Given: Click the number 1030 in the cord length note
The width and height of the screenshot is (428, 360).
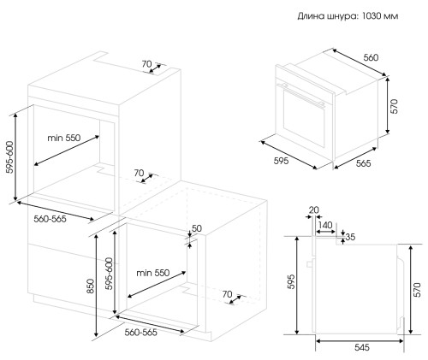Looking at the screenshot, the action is coord(372,16).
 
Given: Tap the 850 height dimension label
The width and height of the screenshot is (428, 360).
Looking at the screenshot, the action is coord(90,286).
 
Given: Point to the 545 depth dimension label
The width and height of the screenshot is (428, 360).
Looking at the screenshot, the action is coord(362,347).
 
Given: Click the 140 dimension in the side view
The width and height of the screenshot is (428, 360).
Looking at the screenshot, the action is coord(325,225).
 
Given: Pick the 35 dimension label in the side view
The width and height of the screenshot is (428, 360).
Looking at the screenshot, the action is coord(350,237).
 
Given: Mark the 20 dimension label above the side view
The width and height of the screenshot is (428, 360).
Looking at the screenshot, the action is coord(313,210).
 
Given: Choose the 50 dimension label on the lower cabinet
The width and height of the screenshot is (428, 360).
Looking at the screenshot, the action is coord(197,228).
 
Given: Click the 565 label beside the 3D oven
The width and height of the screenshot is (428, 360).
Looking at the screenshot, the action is coord(363,163).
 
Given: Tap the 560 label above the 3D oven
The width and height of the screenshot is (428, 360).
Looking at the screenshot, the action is coord(371,57).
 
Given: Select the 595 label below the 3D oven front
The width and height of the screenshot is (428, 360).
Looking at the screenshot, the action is coord(281,161).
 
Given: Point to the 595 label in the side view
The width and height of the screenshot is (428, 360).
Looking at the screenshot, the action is coord(291,282).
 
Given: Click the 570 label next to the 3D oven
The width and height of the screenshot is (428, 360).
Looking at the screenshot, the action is coord(394,106).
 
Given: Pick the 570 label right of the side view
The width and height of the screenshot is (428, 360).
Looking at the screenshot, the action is coord(418,290).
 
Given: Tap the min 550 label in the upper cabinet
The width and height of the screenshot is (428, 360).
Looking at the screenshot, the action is coord(64,138).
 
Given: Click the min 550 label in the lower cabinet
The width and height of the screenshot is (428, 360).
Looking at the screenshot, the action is coord(153,273).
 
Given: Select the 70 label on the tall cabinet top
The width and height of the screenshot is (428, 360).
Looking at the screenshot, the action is coord(146,64).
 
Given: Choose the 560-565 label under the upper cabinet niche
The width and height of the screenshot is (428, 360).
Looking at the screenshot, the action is coord(50,219).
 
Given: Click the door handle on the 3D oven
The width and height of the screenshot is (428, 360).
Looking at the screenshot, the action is coord(303,95).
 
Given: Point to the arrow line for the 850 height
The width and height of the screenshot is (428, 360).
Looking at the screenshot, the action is coord(97,286).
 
